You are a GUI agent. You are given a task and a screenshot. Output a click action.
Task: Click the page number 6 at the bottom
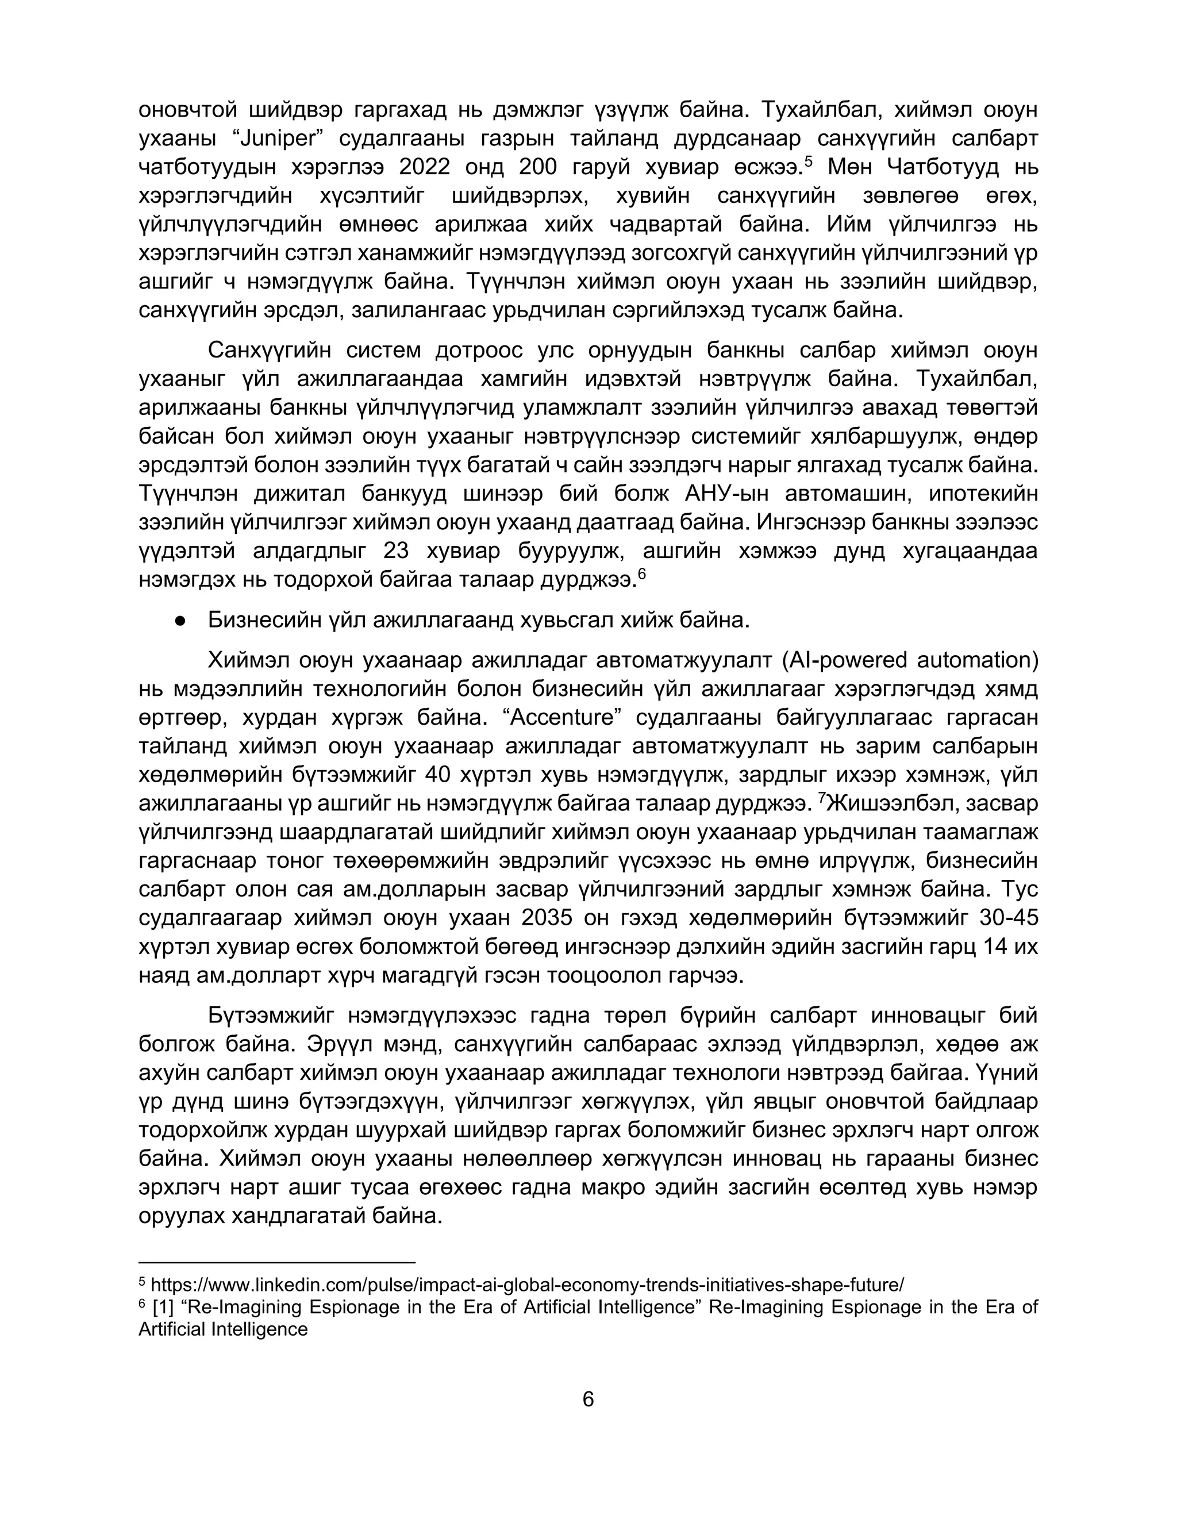coord(588,1399)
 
